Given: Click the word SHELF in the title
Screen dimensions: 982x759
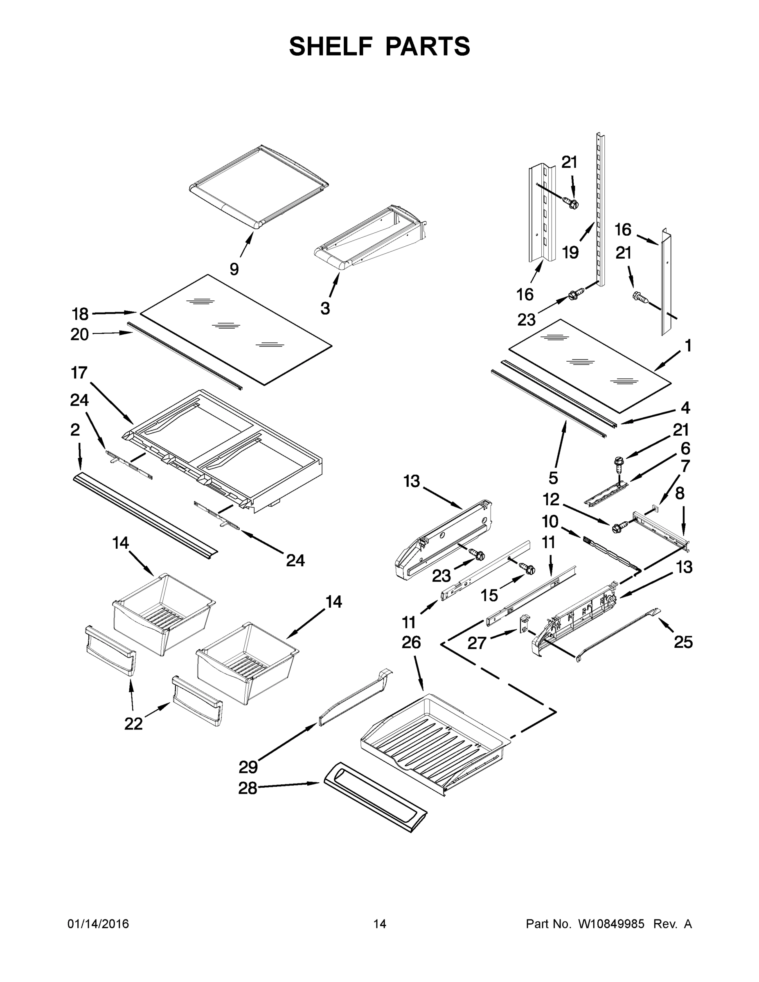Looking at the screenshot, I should point(331,46).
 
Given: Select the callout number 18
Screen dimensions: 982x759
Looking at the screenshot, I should point(81,314).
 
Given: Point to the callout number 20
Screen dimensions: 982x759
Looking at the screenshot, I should point(80,335).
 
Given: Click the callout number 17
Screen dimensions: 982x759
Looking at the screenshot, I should point(79,373).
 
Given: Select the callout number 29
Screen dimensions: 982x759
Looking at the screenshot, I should point(248,767).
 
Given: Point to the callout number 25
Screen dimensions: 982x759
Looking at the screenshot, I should point(683,642).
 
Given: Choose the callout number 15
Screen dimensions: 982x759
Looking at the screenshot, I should point(489,595).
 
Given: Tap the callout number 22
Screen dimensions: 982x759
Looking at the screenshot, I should point(133,723).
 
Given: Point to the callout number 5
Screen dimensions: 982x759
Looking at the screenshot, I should point(553,478).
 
